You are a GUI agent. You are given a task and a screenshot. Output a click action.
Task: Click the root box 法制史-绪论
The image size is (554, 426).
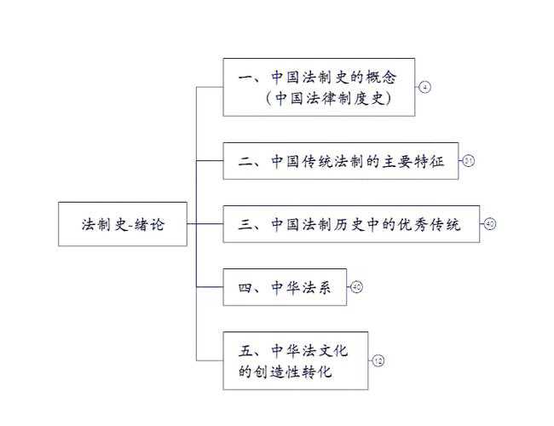tap(123, 224)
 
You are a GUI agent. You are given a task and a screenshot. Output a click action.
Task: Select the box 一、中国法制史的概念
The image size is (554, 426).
tap(319, 87)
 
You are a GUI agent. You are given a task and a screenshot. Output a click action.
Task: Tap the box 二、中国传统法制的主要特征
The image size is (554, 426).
tap(340, 161)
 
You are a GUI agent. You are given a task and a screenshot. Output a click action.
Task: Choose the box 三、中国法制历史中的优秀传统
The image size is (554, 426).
tap(350, 224)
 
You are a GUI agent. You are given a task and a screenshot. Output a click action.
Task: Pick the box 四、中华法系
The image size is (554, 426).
tap(285, 287)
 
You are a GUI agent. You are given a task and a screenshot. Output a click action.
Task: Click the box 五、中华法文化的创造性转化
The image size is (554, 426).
tap(295, 360)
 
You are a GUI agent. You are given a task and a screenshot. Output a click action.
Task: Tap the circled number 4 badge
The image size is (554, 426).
tap(424, 87)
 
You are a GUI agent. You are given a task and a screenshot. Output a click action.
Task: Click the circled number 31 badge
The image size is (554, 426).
tap(468, 161)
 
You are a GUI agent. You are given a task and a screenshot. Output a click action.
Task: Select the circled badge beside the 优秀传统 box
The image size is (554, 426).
tap(489, 224)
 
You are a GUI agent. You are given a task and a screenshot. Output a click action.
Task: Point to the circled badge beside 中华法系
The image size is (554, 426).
tap(356, 287)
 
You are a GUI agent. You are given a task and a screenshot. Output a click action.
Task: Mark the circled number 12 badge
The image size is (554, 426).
tap(378, 360)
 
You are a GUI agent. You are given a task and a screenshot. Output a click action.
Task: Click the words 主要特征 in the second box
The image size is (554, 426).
tap(417, 161)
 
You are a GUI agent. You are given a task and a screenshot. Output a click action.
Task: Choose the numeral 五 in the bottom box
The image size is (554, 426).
tap(245, 349)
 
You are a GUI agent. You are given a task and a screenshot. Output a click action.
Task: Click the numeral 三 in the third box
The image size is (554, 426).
tap(245, 225)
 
